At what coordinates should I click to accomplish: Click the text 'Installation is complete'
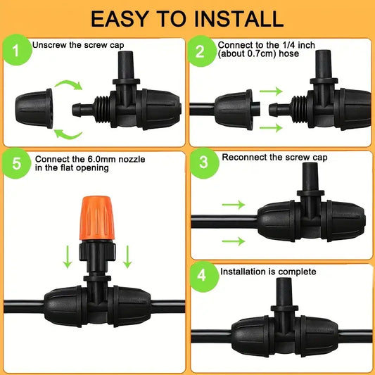tap(268, 271)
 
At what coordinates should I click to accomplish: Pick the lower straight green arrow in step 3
tap(234, 241)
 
